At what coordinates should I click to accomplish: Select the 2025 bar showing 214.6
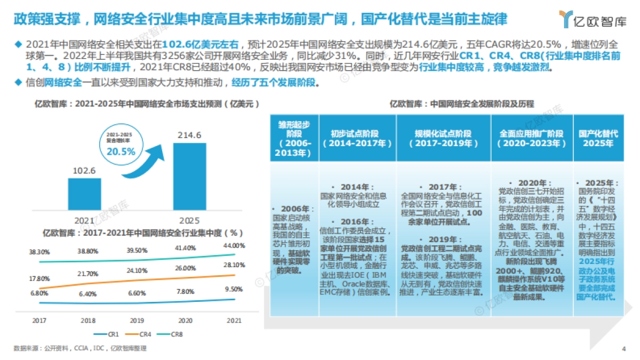pyautogui.click(x=190, y=177)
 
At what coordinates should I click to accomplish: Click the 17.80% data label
pyautogui.click(x=39, y=278)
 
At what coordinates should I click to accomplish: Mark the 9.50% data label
pyautogui.click(x=234, y=289)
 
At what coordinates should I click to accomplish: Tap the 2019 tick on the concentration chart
pyautogui.click(x=137, y=321)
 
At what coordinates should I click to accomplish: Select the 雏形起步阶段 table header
pyautogui.click(x=294, y=138)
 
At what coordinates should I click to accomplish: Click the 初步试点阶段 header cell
pyautogui.click(x=357, y=138)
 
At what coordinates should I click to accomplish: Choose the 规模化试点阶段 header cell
pyautogui.click(x=443, y=138)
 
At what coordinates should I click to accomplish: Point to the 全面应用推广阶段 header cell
pyautogui.click(x=531, y=138)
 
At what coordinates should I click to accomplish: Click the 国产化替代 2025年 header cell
pyautogui.click(x=598, y=138)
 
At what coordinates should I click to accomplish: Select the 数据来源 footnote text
pyautogui.click(x=80, y=349)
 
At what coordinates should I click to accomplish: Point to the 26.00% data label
pyautogui.click(x=185, y=268)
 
